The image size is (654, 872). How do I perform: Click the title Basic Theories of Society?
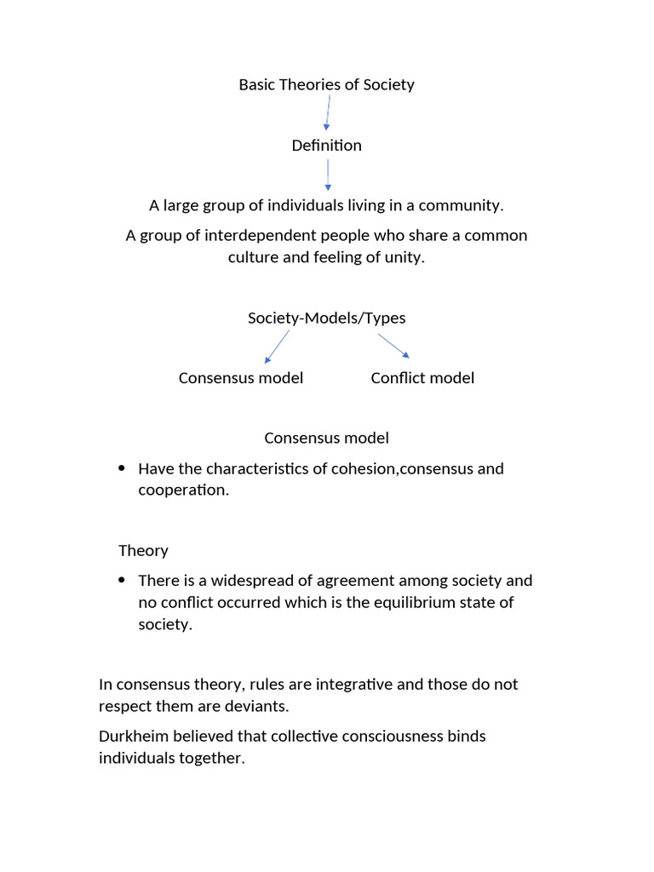pyautogui.click(x=326, y=84)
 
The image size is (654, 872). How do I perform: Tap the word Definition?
pyautogui.click(x=326, y=146)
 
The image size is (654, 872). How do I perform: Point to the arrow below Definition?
pyautogui.click(x=328, y=175)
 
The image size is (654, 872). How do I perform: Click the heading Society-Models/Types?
pyautogui.click(x=326, y=318)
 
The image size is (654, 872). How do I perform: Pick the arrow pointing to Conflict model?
pyautogui.click(x=394, y=346)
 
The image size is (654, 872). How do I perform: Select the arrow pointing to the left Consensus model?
pyautogui.click(x=277, y=347)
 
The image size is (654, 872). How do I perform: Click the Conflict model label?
pyautogui.click(x=422, y=378)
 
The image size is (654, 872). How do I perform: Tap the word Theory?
pyautogui.click(x=143, y=550)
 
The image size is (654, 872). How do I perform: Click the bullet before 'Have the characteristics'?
pyautogui.click(x=121, y=468)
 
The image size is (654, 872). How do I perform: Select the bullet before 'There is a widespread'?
pyautogui.click(x=121, y=581)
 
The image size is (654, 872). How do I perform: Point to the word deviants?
pyautogui.click(x=260, y=707)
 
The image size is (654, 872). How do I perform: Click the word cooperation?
pyautogui.click(x=182, y=490)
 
